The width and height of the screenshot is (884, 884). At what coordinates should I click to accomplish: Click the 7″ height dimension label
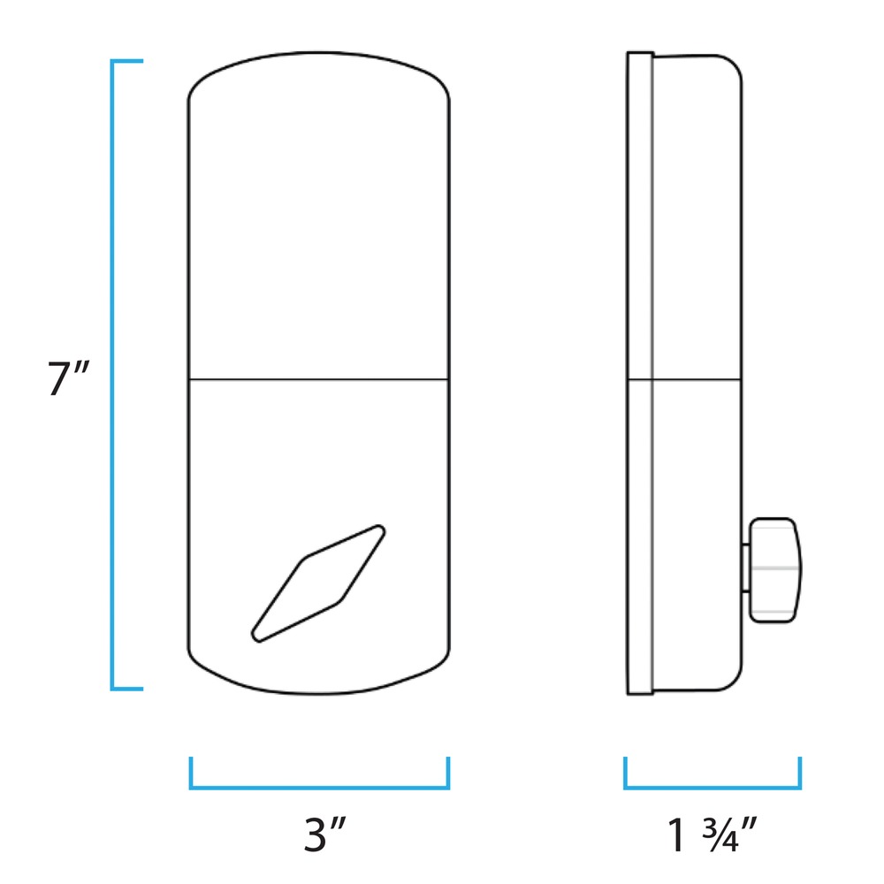point(68,377)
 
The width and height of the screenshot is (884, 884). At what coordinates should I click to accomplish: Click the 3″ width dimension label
point(324,834)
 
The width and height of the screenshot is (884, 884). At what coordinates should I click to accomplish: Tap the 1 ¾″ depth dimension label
point(712,834)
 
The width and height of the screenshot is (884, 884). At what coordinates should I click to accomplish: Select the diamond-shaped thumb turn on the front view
point(318,583)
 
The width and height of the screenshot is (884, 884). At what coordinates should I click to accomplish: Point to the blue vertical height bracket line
point(112,375)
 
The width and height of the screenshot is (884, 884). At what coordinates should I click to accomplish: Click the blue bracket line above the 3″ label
point(319,787)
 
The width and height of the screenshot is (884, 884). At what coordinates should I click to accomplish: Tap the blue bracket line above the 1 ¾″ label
point(713,787)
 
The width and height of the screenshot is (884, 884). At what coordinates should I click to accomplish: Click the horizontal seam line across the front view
point(318,379)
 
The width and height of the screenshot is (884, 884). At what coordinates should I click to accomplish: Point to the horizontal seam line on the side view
point(684,379)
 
